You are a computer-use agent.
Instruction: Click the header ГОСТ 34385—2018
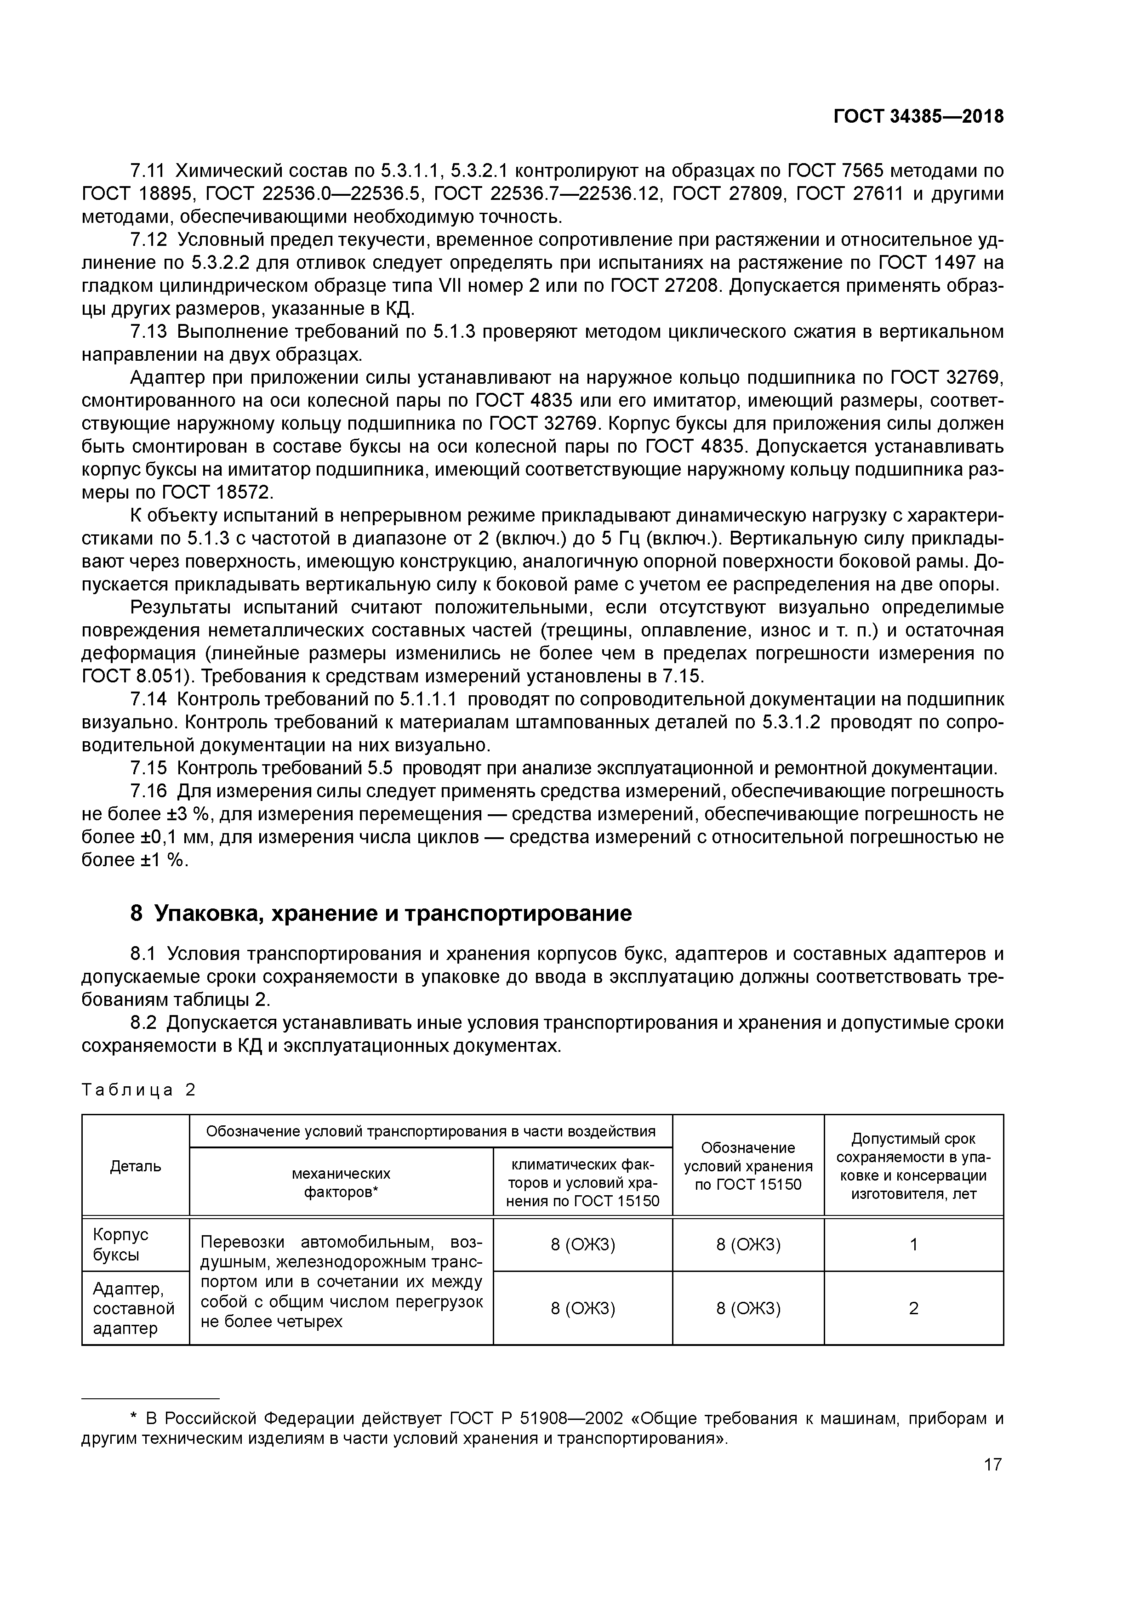click(918, 117)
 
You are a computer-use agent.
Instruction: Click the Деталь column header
click(136, 1166)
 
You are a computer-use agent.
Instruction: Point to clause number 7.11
click(149, 170)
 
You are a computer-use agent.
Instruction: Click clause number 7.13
click(149, 331)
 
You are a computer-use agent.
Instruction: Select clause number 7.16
click(149, 791)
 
